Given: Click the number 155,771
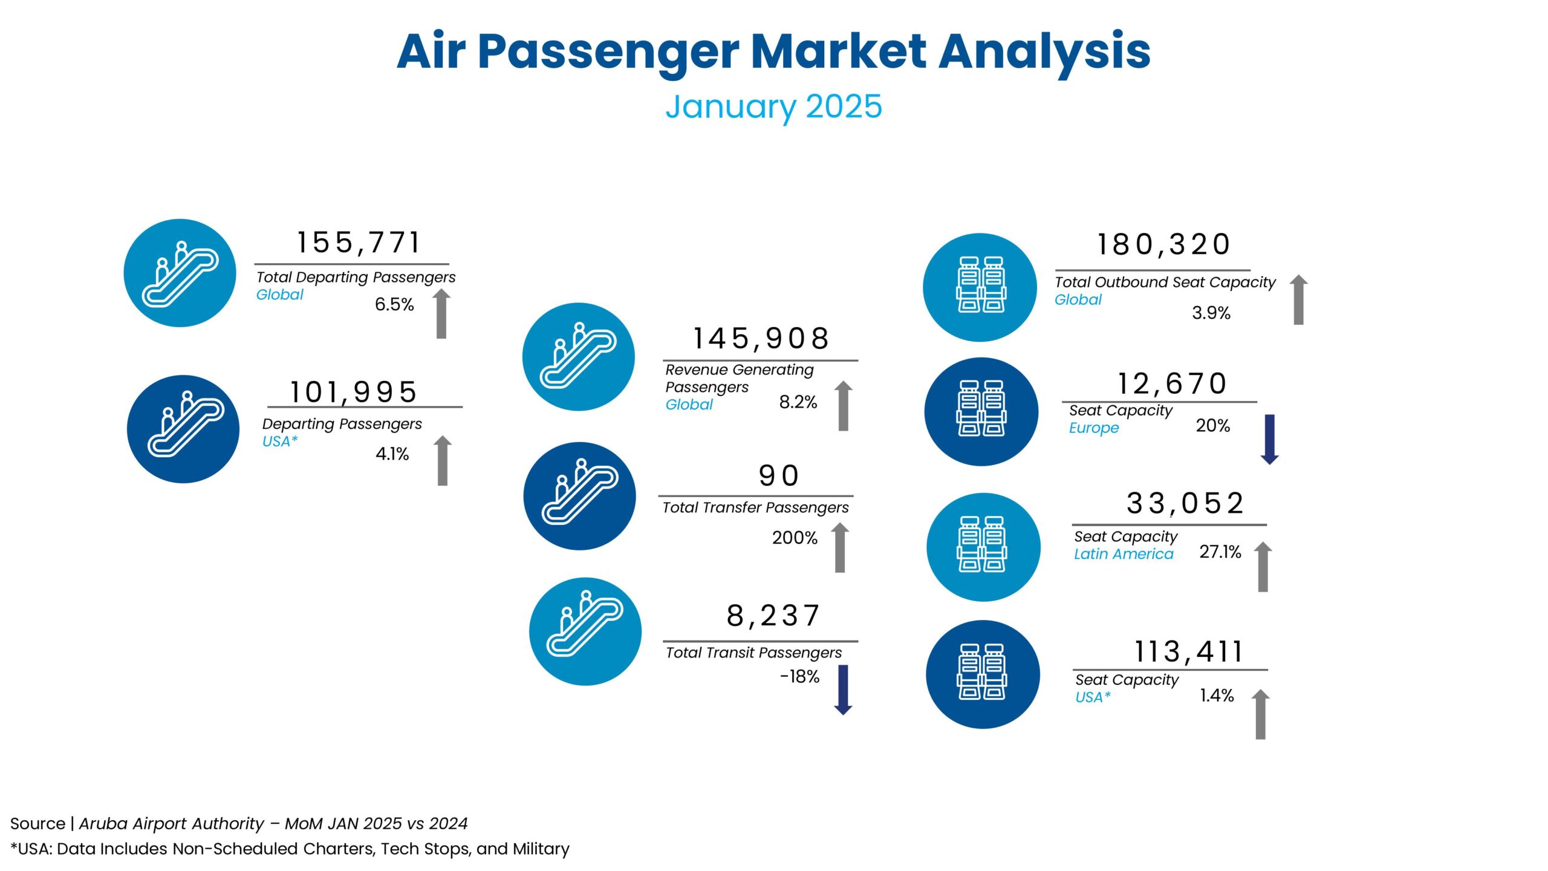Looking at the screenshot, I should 358,243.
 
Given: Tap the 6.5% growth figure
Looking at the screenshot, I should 394,304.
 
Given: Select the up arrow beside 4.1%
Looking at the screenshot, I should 443,460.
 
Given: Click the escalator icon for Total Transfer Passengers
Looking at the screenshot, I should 579,496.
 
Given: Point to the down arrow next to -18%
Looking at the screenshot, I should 843,690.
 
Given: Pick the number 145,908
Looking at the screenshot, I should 761,339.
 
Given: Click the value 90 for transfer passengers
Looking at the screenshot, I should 779,476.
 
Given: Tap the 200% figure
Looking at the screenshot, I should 795,538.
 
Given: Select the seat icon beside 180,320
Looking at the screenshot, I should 980,287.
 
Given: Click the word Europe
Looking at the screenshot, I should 1094,428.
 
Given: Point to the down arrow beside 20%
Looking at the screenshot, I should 1269,439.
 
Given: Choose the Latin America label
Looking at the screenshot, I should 1124,554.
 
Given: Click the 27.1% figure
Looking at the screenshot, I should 1220,552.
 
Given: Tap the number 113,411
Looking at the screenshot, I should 1188,652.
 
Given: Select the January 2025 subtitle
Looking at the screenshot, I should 773,106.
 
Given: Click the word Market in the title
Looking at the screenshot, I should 838,51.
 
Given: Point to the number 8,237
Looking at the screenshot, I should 773,616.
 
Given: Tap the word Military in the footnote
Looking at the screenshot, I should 541,849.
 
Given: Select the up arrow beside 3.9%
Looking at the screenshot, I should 1298,300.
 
